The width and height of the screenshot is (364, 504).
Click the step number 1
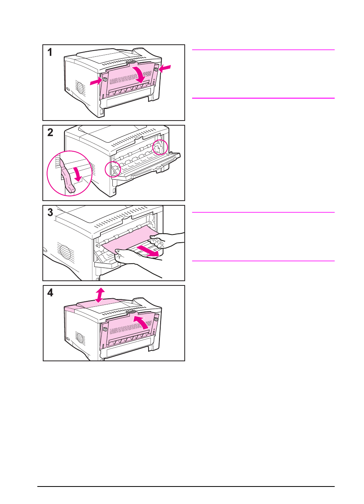[x=50, y=52]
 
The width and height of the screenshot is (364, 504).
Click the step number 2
[x=50, y=133]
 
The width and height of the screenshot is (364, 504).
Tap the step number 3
[x=50, y=212]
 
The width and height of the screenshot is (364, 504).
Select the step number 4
[x=50, y=293]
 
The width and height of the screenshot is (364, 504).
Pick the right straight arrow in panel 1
[x=164, y=68]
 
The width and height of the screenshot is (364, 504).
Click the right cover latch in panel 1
[x=156, y=70]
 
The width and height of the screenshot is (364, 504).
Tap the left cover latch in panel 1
[x=105, y=79]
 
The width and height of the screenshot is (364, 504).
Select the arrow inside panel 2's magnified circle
[x=77, y=174]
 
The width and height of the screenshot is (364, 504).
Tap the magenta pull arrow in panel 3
[x=149, y=251]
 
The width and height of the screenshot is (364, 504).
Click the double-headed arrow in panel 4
[x=100, y=295]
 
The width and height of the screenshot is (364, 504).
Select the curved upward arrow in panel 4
[x=142, y=321]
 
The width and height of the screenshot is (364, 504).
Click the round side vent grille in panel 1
[x=80, y=87]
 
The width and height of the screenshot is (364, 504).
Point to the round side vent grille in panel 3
[x=65, y=251]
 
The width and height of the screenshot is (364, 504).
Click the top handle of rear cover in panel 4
[x=131, y=312]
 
